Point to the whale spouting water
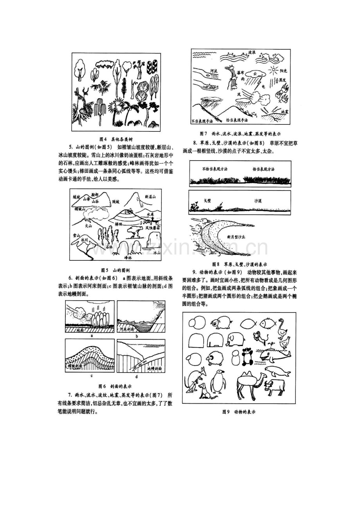[275, 355]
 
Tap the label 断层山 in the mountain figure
[150, 197]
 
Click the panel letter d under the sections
[136, 376]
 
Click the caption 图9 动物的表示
[239, 412]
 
